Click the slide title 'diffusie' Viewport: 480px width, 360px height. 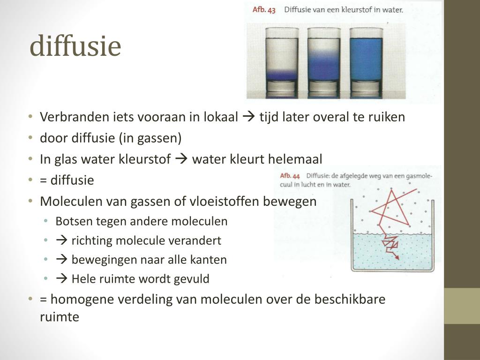75,46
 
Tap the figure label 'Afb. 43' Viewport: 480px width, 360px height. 264,9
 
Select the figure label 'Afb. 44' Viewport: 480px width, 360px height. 290,176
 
